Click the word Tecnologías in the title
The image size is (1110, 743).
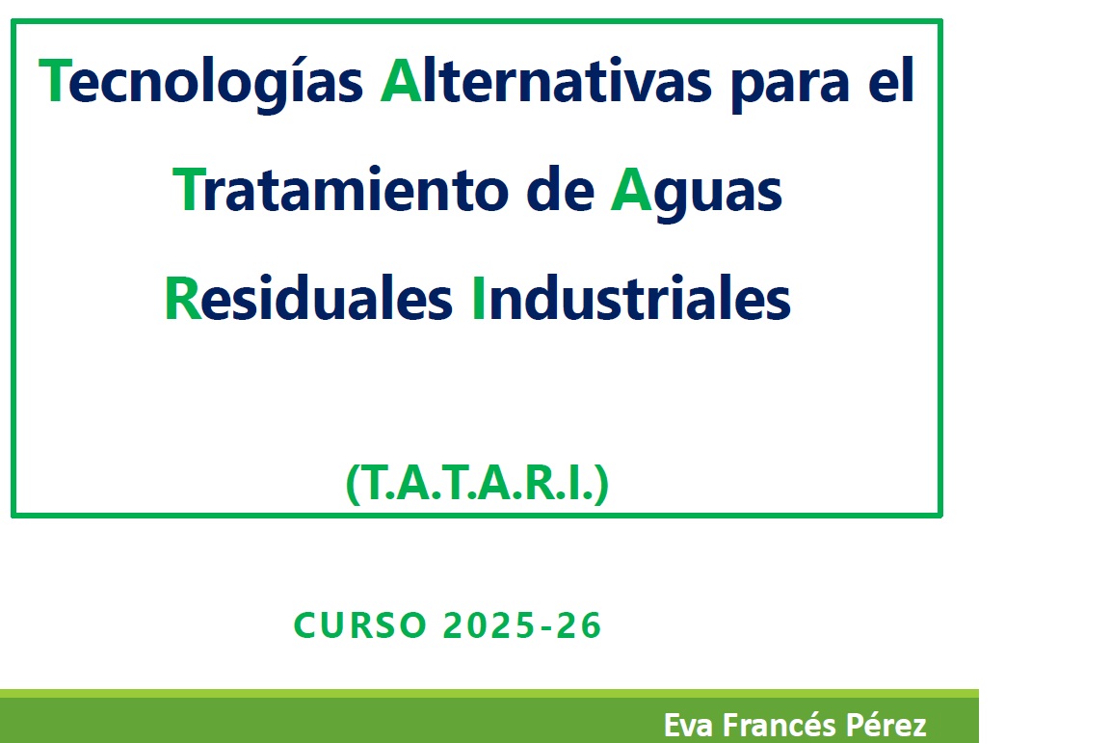[200, 82]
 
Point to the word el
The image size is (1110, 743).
[891, 80]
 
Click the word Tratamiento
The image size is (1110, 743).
[340, 190]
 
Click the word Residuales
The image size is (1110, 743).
[308, 299]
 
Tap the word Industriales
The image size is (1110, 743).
[631, 299]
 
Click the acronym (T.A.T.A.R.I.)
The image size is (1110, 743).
[477, 484]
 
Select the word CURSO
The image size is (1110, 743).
[360, 625]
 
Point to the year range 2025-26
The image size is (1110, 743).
[522, 625]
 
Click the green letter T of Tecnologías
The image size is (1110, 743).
[54, 81]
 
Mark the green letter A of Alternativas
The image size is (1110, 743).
[402, 81]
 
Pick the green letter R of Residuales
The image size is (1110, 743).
[183, 299]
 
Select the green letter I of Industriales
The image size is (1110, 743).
[479, 299]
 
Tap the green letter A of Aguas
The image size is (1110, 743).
[631, 190]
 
